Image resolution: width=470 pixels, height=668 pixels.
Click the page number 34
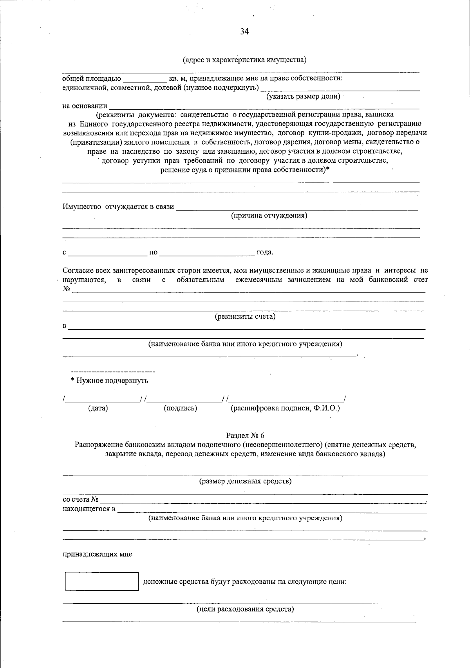244,32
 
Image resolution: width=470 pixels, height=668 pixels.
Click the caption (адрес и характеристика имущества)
244,60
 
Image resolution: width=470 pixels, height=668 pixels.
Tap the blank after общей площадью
145,78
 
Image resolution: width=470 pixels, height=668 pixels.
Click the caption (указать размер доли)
303,96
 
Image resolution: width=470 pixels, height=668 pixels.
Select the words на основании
85,105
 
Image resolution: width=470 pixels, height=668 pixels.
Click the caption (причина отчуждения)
269,216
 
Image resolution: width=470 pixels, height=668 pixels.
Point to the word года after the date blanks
265,252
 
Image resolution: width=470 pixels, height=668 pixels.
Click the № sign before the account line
66,289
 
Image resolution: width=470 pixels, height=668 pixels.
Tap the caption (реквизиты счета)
245,317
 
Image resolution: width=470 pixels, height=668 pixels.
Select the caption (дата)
98,408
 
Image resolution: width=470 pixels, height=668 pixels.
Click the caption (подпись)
180,408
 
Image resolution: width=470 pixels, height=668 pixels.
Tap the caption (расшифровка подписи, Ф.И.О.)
285,408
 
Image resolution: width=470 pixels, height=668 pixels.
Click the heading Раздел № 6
245,436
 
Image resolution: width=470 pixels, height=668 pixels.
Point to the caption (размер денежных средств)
245,481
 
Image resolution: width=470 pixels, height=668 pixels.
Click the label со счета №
81,500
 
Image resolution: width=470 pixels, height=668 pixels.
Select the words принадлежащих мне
98,554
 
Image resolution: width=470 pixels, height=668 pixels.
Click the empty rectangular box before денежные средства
101,581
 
